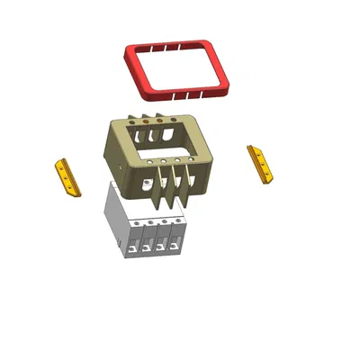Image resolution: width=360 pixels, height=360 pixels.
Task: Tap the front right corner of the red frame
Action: [225, 89]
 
